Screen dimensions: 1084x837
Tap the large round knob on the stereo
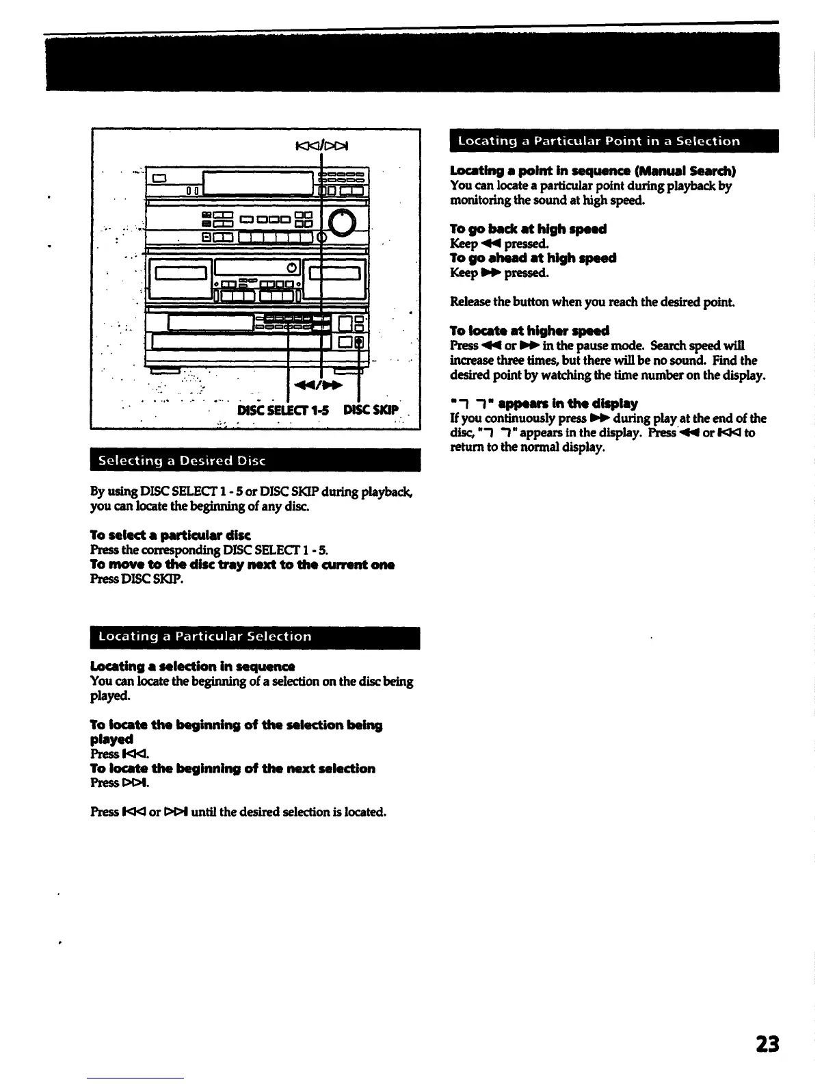[343, 220]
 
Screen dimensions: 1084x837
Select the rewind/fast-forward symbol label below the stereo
[317, 387]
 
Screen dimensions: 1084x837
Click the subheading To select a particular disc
[170, 534]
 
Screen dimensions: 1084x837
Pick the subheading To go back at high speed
[528, 229]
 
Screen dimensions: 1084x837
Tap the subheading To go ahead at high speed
[533, 258]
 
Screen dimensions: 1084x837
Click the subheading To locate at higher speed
[529, 331]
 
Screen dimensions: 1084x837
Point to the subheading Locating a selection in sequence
[192, 666]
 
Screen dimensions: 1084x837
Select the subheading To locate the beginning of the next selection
[232, 769]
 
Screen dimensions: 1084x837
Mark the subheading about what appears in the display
[544, 403]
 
